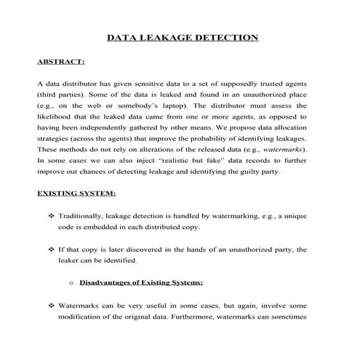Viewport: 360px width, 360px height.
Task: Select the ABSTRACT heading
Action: tap(60, 62)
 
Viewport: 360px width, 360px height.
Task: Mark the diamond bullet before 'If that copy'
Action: tap(51, 249)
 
